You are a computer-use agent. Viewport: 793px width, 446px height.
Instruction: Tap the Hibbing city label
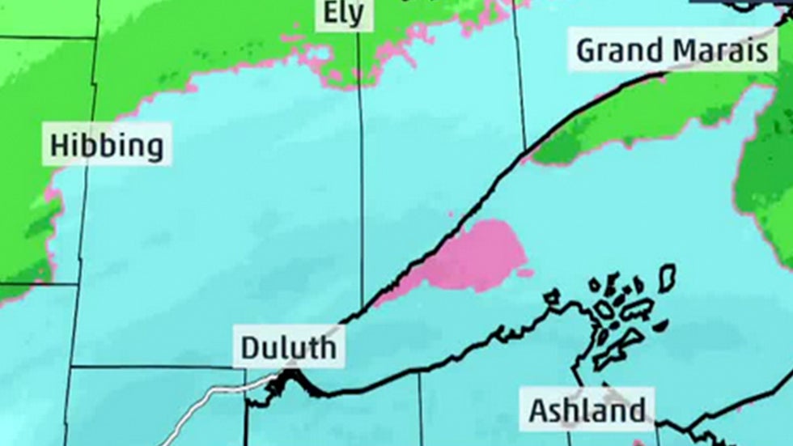pos(107,146)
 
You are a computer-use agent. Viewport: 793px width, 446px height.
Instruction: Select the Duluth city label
pos(288,348)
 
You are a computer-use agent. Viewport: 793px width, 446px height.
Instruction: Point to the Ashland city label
pos(587,410)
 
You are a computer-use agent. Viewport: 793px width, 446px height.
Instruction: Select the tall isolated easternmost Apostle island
pos(667,278)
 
